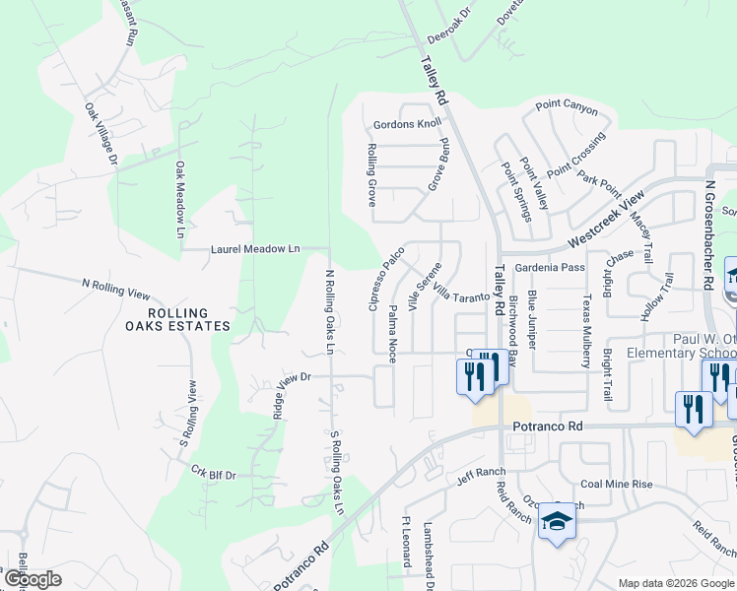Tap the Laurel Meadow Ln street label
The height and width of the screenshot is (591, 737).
255,250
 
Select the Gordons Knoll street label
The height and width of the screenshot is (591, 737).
407,125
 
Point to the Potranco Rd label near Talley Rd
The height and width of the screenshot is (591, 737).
548,426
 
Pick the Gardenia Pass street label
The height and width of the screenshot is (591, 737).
550,267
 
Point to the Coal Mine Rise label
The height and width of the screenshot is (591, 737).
617,484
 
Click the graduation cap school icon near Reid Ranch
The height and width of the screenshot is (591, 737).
557,522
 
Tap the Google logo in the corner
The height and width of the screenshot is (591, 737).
33,579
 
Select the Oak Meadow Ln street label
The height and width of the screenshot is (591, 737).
180,200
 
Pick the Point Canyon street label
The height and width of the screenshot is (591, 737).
567,106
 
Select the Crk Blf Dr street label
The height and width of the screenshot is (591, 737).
214,475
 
